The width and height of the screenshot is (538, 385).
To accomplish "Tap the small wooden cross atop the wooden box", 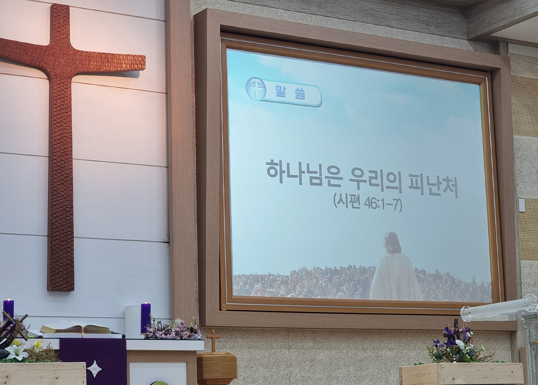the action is [213, 340].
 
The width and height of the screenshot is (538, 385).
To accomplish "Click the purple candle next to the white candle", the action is [146, 318].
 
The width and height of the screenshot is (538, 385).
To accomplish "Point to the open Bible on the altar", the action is [75, 327].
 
